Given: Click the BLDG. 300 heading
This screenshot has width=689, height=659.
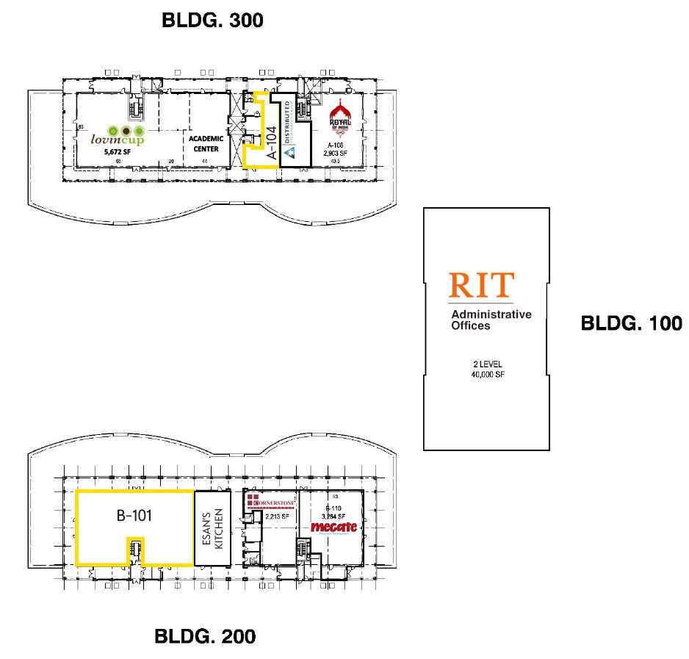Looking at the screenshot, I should tap(212, 22).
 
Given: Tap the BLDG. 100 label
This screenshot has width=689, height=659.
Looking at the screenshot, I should tap(631, 323).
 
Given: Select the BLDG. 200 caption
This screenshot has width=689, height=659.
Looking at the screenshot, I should tap(205, 635).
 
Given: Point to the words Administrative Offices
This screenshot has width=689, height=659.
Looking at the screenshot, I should tap(491, 320).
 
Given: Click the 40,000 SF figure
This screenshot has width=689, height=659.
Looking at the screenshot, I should tap(486, 375).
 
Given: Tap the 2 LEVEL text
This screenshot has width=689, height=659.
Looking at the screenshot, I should tap(486, 364).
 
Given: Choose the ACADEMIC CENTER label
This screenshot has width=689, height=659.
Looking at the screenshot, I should tap(205, 143).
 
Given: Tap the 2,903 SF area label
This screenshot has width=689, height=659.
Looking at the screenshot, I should tap(336, 154).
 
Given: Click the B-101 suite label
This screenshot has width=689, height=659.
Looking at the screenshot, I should tap(134, 515).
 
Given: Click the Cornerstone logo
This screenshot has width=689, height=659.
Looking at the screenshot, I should tap(270, 503).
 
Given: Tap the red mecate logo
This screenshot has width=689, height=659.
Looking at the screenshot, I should tap(335, 527).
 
